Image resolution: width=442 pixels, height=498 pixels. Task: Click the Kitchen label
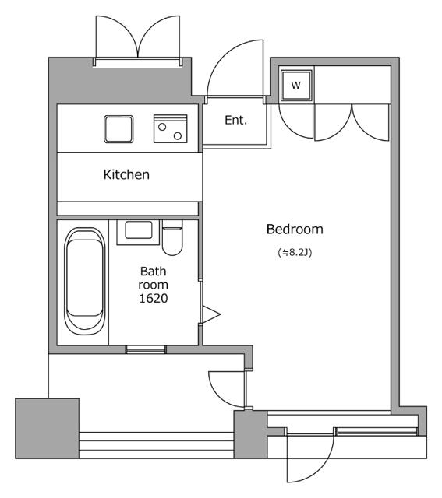[x=126, y=174]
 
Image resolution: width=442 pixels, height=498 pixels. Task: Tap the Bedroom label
[x=295, y=229]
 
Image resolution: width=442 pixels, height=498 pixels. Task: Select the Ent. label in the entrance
[x=235, y=120]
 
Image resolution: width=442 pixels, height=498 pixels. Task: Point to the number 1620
[x=154, y=298]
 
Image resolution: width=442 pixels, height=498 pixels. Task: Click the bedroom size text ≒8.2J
[x=295, y=252]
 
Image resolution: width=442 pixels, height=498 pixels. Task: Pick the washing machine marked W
[x=296, y=85]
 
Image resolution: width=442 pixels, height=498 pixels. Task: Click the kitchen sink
[x=118, y=129]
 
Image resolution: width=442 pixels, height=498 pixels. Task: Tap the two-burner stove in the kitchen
[x=170, y=128]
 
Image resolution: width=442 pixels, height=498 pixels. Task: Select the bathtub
[x=85, y=281]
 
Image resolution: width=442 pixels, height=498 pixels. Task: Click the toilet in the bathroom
[x=172, y=237]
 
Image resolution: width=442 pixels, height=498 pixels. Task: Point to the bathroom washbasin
[x=138, y=232]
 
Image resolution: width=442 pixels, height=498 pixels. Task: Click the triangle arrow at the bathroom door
[x=211, y=314]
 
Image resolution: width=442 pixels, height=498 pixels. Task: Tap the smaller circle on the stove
[x=162, y=127]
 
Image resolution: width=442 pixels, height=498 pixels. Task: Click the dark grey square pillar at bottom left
[x=47, y=429]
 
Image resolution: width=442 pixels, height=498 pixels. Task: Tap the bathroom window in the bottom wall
[x=146, y=349]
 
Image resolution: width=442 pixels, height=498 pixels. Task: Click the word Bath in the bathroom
[x=153, y=272]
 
